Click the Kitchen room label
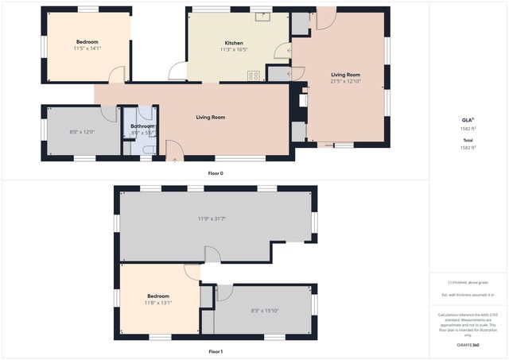[234, 43]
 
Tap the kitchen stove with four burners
[254, 75]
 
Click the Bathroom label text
[142, 126]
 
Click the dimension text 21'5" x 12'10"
[345, 82]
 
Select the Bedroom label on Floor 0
[87, 41]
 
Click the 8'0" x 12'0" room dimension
[82, 132]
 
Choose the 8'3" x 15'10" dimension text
[265, 311]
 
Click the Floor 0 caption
[216, 173]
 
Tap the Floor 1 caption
[216, 350]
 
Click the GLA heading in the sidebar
[468, 119]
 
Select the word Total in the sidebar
[468, 140]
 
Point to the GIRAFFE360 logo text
[468, 346]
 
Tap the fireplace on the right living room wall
[301, 102]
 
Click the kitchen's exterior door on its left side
[177, 72]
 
